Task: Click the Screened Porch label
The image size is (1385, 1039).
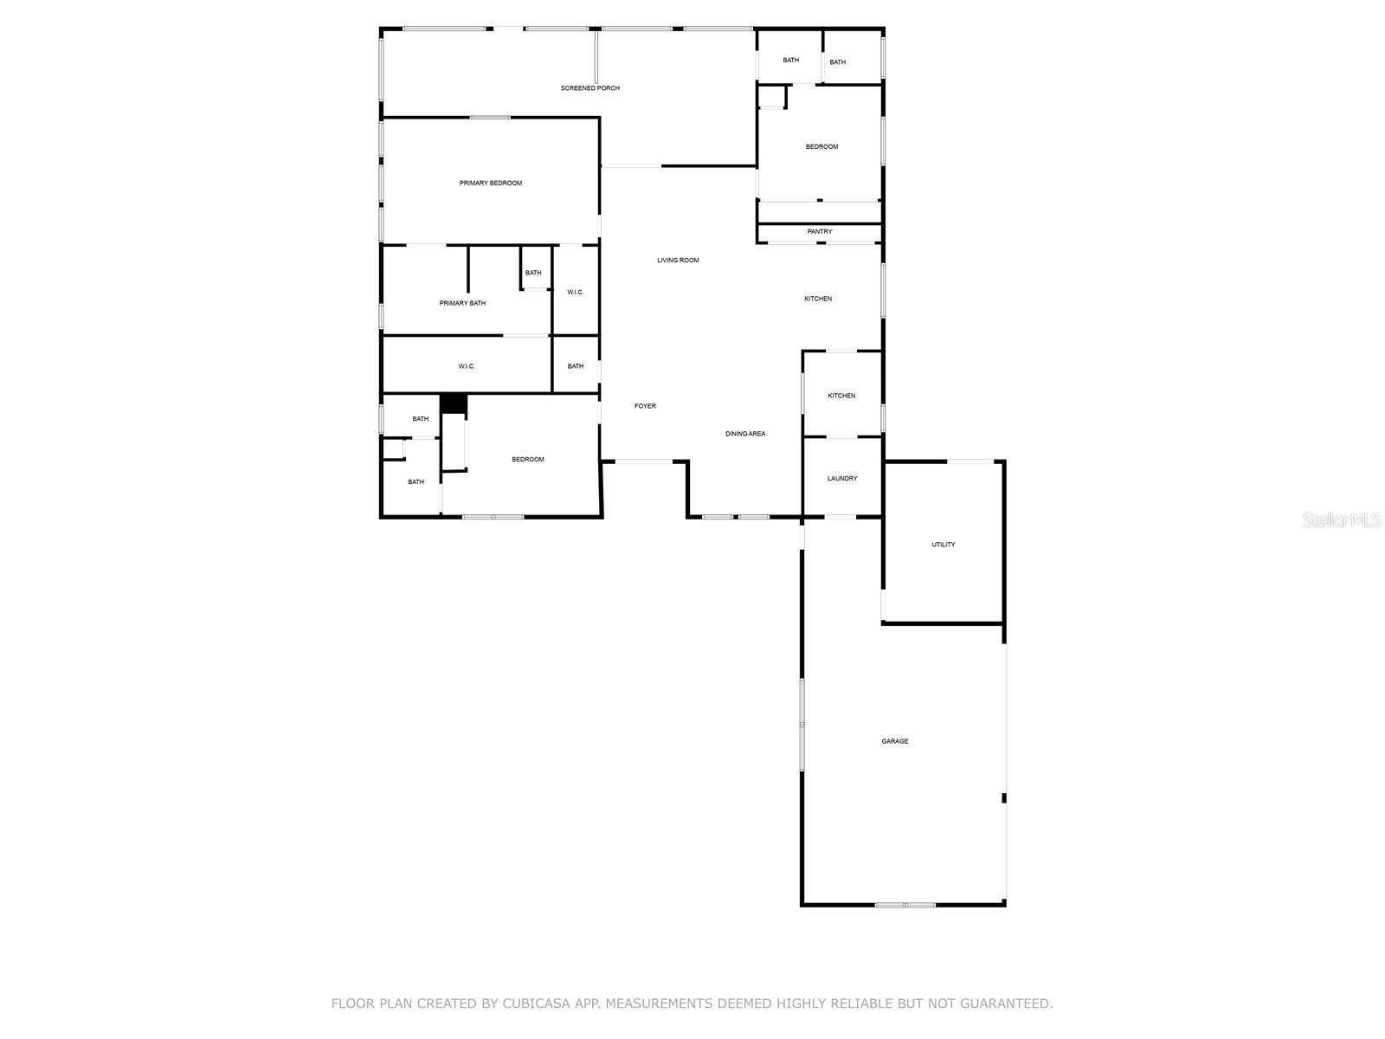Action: (589, 88)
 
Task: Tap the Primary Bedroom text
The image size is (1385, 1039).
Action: (491, 184)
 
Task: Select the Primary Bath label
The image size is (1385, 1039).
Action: (462, 304)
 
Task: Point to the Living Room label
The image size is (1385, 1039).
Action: (678, 261)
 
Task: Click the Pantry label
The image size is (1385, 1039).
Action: (820, 232)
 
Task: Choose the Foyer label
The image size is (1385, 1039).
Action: (645, 406)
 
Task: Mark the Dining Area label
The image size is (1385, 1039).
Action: (745, 434)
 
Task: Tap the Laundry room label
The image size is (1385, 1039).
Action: (842, 479)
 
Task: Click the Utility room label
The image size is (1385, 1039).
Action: (944, 545)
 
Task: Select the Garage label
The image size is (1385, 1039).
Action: (895, 741)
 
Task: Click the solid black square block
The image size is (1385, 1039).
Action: (454, 403)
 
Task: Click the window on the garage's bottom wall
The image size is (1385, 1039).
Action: (905, 905)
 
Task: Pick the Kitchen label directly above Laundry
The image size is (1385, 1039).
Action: (841, 396)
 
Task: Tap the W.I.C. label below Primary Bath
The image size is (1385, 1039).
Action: (467, 367)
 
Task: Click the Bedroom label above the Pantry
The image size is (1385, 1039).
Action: (821, 147)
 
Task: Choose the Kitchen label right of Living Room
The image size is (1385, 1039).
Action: (818, 299)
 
